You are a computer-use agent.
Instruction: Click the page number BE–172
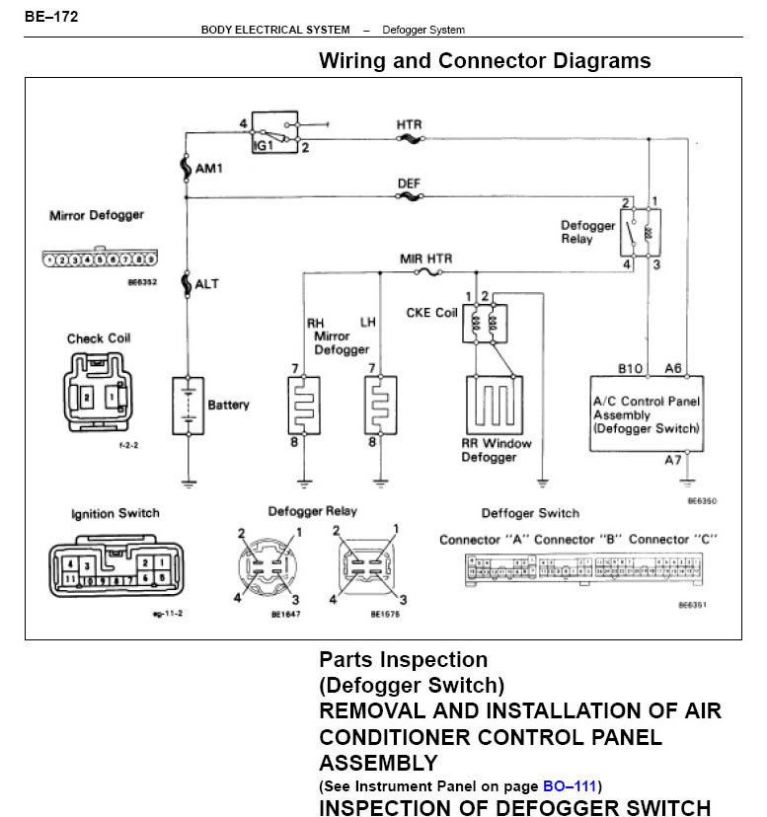[51, 17]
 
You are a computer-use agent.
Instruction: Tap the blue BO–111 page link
[570, 786]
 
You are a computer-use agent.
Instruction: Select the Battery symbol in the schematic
[187, 406]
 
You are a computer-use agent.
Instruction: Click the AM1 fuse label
[209, 169]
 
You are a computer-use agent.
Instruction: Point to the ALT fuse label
[207, 284]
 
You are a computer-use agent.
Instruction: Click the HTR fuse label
[409, 125]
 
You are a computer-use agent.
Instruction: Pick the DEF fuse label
[409, 184]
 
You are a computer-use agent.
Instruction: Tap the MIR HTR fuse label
[425, 259]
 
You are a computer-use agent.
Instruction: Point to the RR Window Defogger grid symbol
[494, 406]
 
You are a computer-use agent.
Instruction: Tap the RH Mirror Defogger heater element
[304, 406]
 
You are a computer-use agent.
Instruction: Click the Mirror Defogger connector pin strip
[100, 260]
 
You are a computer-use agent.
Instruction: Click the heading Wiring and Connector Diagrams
[485, 61]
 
